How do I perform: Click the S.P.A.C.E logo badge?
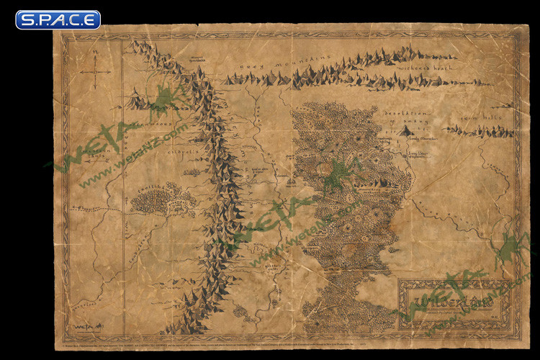coord(58,19)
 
